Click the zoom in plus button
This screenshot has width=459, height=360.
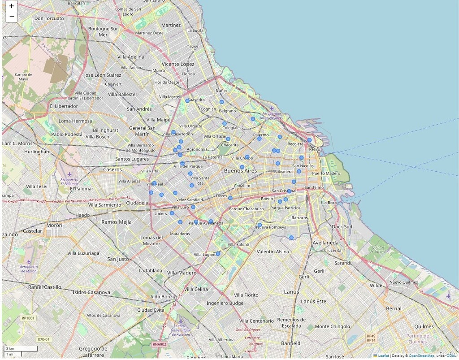click(11, 6)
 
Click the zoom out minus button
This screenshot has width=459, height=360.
click(11, 17)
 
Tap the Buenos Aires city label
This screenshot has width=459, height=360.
click(240, 171)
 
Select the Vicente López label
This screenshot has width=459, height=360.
click(178, 64)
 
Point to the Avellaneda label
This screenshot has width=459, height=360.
click(325, 243)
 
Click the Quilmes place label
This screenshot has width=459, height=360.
click(424, 326)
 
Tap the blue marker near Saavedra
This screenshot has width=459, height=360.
click(187, 101)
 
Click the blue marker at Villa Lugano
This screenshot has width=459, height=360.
click(218, 254)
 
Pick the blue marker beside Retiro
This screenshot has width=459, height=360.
click(309, 140)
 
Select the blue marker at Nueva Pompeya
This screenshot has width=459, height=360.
click(260, 225)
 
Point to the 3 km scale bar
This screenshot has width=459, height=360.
click(21, 348)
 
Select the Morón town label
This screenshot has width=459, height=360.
click(54, 225)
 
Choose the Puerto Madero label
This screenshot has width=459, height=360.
click(326, 173)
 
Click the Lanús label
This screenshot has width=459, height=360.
click(291, 292)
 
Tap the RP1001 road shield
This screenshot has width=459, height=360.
click(28, 318)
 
